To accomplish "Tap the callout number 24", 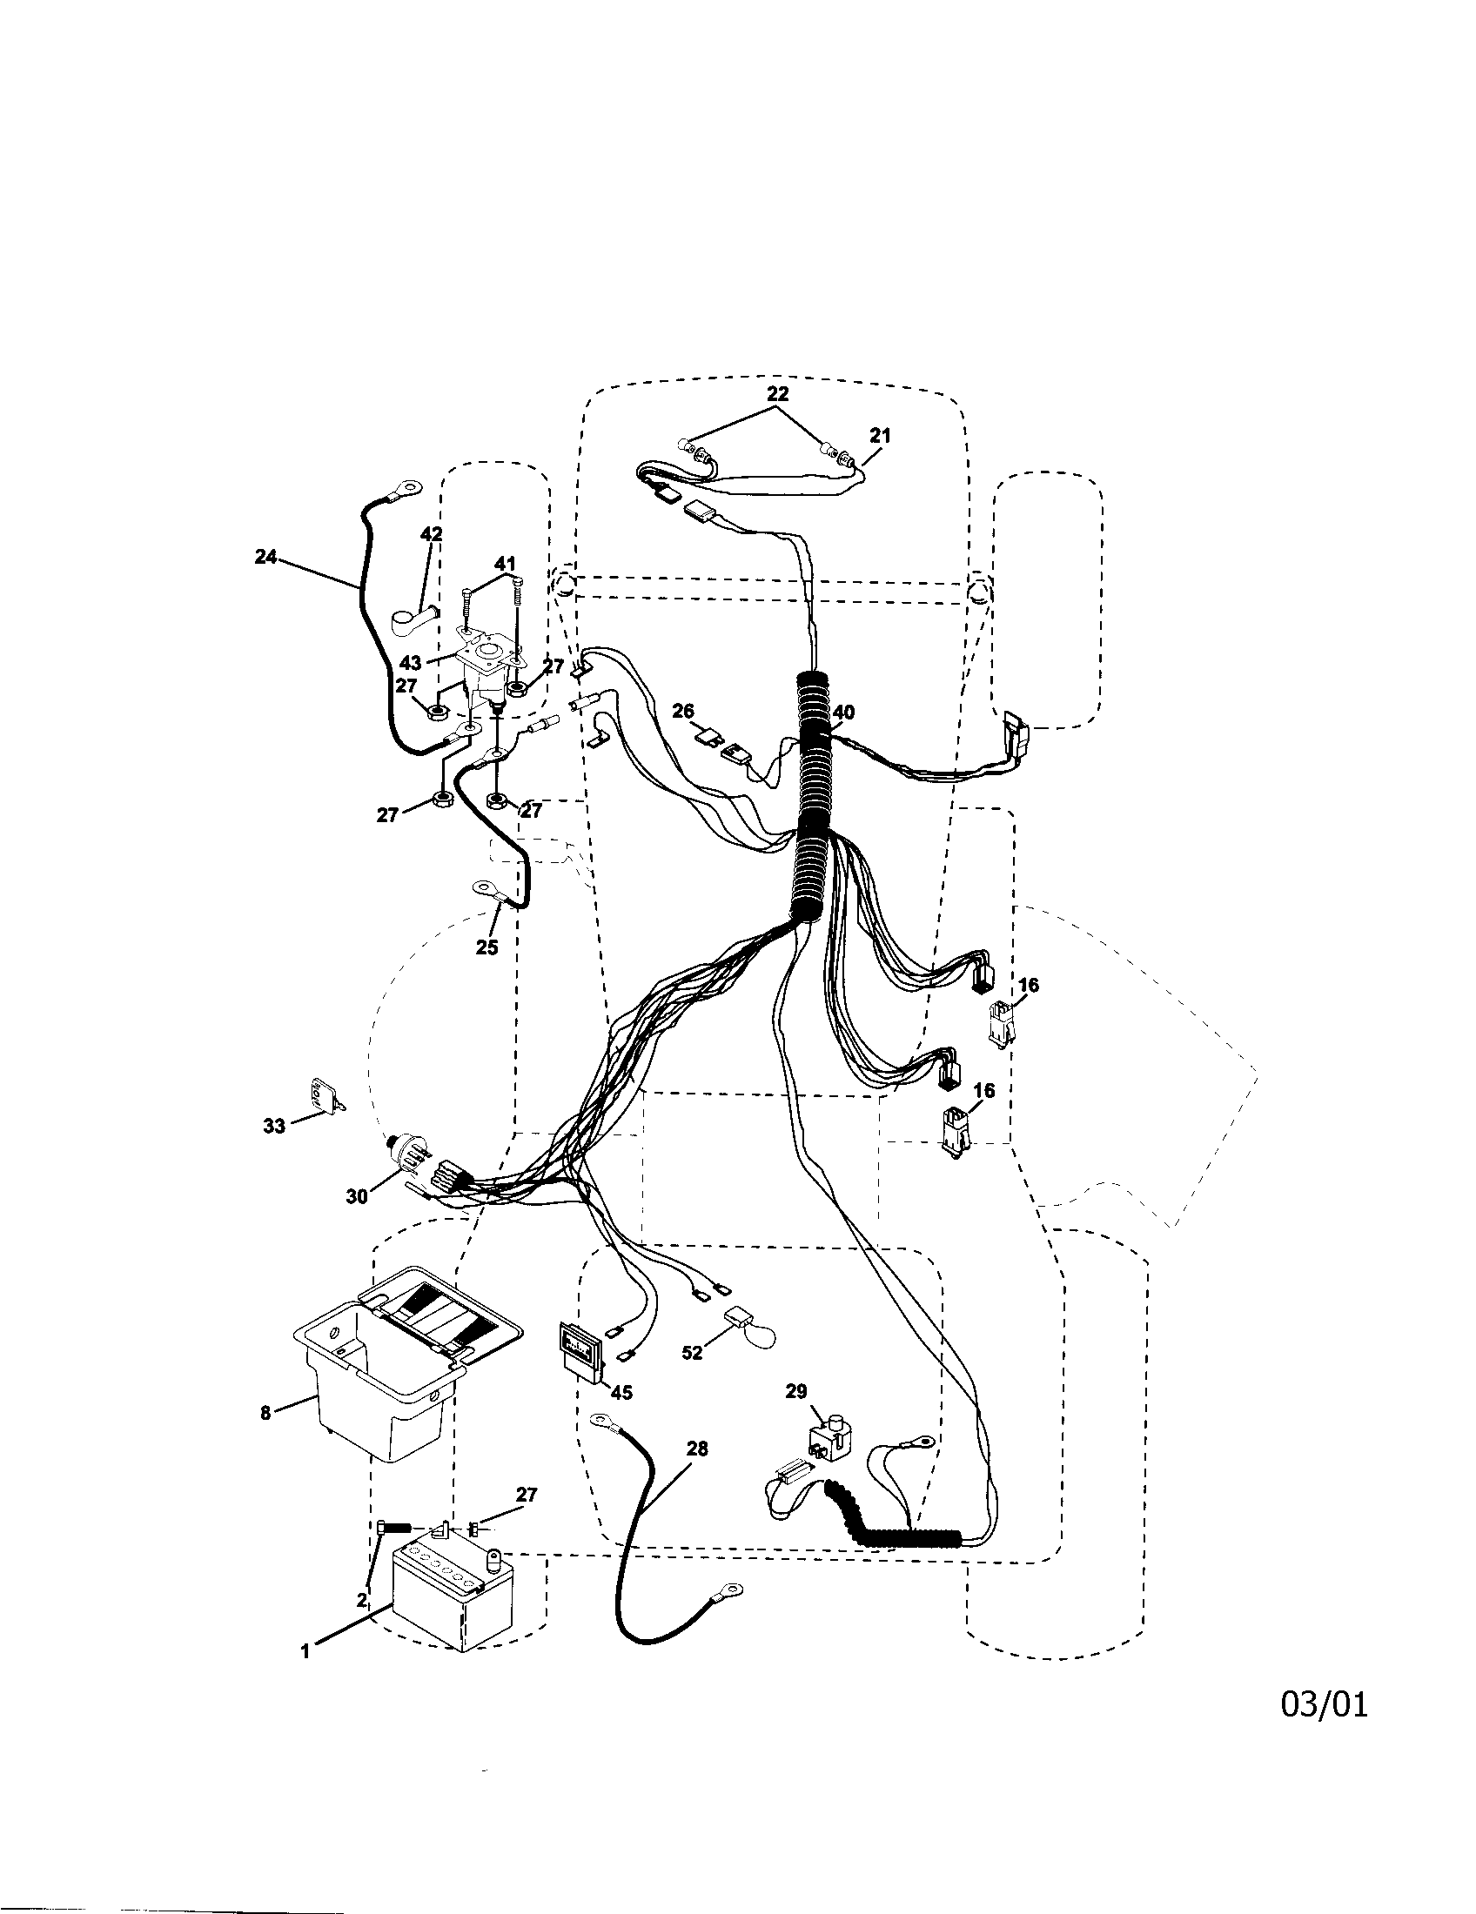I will coord(265,556).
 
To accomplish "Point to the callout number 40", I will coord(843,713).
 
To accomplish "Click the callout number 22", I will coord(777,393).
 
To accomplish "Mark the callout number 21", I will coord(879,435).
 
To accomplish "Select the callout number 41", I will coord(505,563).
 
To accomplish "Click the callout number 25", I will coord(486,947).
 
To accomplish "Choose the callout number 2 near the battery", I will coord(362,1600).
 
